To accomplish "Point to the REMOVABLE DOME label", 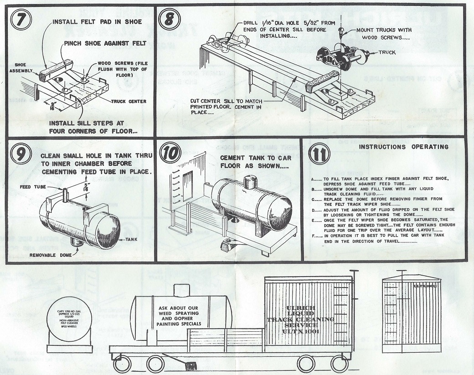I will [50, 255].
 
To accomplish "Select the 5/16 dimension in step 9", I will [86, 187].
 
